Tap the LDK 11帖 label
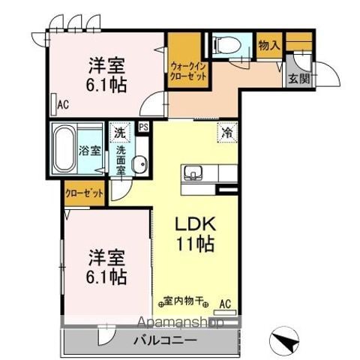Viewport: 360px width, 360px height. pos(196,233)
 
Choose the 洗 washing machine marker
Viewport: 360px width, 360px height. pos(120,133)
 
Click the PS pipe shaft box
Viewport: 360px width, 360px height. pos(143,128)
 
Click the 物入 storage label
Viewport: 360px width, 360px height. pos(268,46)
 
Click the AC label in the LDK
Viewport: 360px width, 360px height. pos(225,304)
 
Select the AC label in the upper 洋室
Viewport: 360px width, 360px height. pos(63,105)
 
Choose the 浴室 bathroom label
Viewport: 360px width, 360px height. pos(90,149)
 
